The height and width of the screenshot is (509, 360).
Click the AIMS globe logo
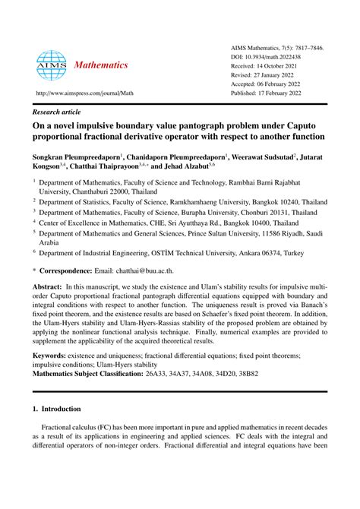pyautogui.click(x=51, y=65)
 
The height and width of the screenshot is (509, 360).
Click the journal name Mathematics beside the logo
pyautogui.click(x=101, y=65)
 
